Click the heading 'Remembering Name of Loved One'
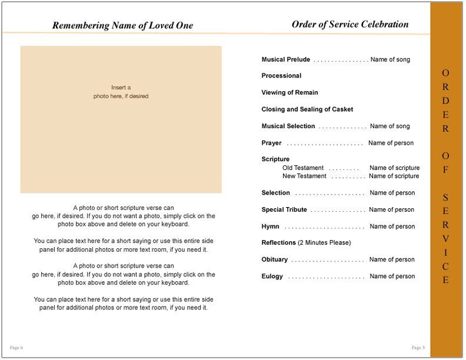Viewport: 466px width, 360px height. point(122,25)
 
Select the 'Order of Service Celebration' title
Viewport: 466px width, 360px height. point(349,25)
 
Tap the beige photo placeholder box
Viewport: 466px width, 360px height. point(121,119)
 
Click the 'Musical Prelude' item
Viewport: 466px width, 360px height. point(285,59)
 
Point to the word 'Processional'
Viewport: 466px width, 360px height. point(281,76)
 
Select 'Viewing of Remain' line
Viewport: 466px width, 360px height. point(289,92)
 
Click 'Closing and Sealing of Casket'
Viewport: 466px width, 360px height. point(307,109)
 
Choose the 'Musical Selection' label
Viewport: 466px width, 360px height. point(288,126)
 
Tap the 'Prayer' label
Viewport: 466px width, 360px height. point(271,143)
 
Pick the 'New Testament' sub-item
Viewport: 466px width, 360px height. point(304,176)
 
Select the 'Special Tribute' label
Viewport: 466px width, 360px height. point(284,209)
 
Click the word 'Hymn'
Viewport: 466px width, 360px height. point(270,226)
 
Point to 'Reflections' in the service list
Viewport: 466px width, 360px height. point(278,243)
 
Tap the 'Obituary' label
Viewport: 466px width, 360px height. point(274,259)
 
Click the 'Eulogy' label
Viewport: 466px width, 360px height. point(272,276)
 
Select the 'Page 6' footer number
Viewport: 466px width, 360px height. point(16,348)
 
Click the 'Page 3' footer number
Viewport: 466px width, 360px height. point(418,348)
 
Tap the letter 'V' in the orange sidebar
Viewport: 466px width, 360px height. point(445,238)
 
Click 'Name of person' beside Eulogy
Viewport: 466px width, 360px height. point(392,276)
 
